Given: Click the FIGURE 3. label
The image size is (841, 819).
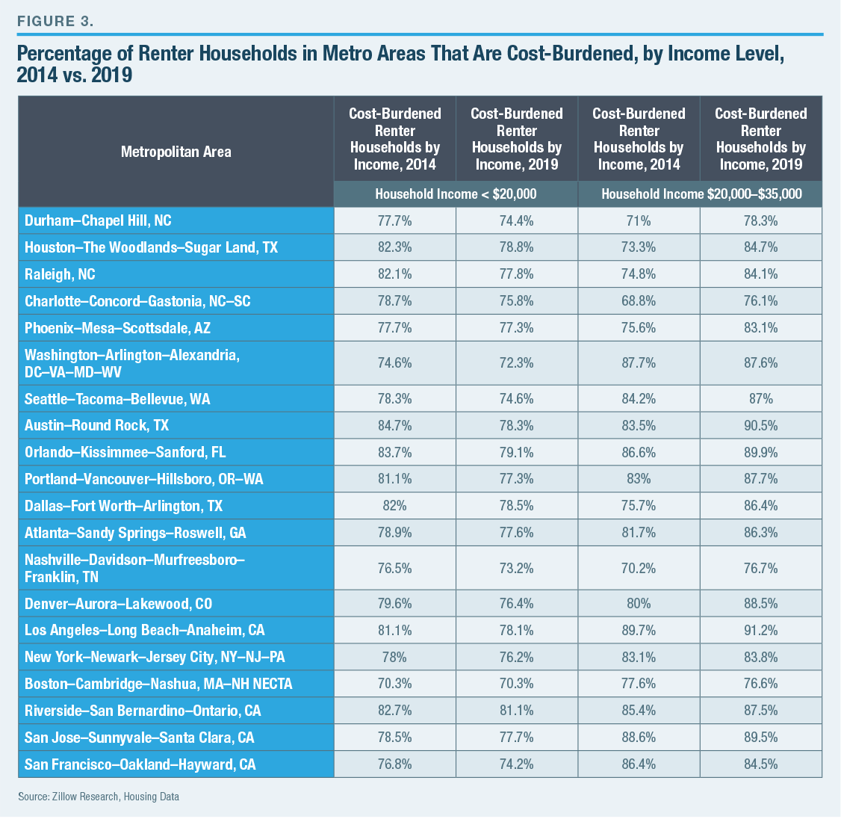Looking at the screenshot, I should pos(55,20).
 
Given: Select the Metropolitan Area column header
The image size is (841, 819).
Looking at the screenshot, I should pos(176,152).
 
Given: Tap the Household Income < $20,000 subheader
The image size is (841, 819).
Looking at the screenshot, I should pos(456,194).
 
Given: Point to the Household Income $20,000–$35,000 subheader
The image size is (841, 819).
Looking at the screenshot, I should pos(701,194).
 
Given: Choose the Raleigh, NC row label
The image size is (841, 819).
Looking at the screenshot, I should pos(60,274).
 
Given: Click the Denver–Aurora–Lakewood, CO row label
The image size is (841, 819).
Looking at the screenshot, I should pos(118,604).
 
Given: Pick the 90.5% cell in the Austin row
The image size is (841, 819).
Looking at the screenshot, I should pos(760,425).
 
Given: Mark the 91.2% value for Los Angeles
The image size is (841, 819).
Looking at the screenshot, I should pos(760,630).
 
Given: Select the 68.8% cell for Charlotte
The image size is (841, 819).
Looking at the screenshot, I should pos(639,301).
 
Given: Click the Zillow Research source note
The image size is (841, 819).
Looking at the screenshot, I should pos(99,797).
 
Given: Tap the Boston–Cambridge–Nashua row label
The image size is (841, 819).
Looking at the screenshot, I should pos(158,684).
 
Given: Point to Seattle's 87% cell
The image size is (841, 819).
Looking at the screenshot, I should pos(760,399).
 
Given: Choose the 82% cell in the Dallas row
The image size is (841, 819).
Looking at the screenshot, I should pos(394,506).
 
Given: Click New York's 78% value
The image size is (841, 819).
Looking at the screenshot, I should pos(394,657).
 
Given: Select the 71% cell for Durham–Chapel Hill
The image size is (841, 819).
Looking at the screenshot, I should pos(639,220).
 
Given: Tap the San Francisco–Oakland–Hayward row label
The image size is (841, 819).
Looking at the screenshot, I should pos(140,764).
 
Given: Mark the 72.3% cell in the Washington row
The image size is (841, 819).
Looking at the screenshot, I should pos(517,363).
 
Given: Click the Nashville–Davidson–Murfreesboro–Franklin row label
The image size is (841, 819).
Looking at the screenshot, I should pos(134,568).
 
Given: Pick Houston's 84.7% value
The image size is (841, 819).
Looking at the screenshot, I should pos(760,247).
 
